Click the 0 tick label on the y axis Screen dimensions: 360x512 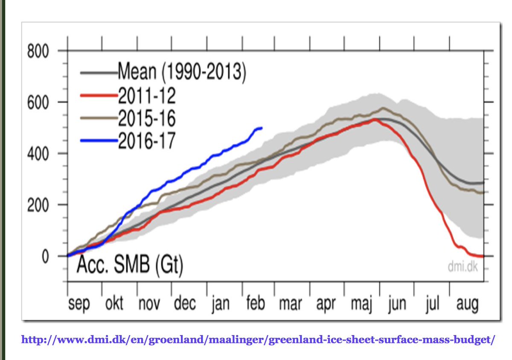click(45, 256)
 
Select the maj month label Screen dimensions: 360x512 click(361, 304)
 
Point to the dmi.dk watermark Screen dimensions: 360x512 click(463, 268)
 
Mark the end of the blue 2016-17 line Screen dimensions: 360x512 click(262, 128)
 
